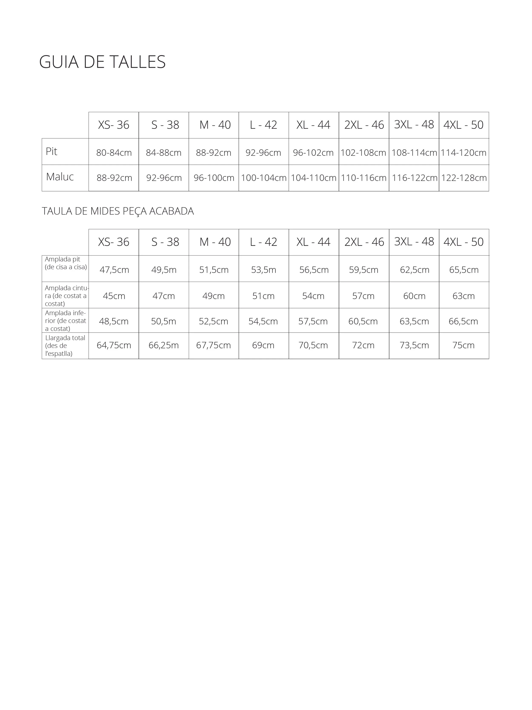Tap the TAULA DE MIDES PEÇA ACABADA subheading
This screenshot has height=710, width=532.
click(118, 211)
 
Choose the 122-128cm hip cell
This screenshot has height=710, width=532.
click(464, 178)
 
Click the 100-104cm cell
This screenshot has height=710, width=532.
click(263, 178)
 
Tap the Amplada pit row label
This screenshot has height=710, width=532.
click(66, 263)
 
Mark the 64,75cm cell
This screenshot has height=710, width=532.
click(114, 345)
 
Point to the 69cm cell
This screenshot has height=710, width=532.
click(263, 345)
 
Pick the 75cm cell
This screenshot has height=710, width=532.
click(463, 345)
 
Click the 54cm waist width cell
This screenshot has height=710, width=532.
click(313, 296)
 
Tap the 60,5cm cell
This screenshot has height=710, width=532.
click(363, 321)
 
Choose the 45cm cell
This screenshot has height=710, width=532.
click(114, 296)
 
